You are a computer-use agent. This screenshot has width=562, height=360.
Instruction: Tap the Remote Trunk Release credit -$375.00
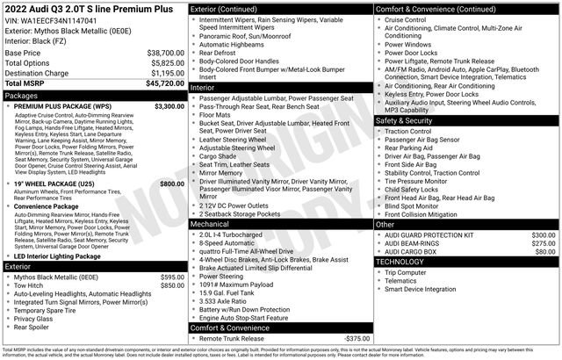[x=350, y=338]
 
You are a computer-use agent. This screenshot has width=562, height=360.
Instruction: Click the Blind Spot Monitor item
[x=416, y=205]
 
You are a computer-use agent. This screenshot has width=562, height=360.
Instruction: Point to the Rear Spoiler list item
[x=36, y=327]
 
